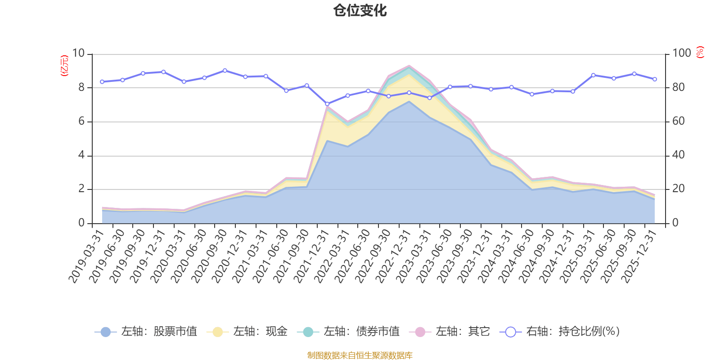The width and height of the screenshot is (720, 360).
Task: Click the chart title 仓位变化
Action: coord(360,11)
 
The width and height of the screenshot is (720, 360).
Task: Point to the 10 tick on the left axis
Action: coord(78,54)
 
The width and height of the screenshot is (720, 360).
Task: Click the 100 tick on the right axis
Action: coord(682,54)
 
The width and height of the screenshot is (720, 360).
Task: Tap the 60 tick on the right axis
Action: coord(679,121)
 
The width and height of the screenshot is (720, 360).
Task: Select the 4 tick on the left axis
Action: coord(81,155)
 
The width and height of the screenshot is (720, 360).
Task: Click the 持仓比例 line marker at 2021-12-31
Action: coord(327,104)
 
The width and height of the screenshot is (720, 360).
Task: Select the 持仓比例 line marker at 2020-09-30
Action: coord(225,71)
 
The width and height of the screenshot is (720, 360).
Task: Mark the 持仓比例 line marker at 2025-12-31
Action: coord(654,79)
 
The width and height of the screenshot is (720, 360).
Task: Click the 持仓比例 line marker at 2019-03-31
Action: coord(102,82)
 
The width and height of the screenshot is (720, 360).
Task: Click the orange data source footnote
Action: coord(360,355)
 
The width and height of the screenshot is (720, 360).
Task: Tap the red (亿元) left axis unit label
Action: coord(64,66)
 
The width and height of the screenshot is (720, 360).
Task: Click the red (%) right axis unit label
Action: coord(700,52)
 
